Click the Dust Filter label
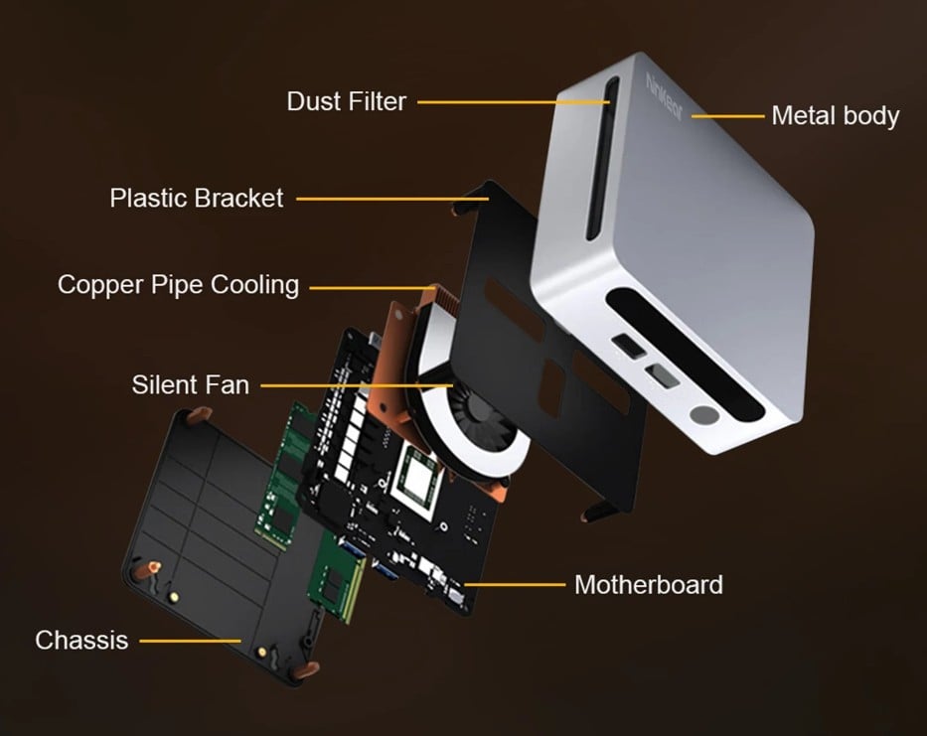click(346, 101)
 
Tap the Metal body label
click(835, 115)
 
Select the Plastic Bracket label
click(196, 198)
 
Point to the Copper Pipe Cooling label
click(178, 285)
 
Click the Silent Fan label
click(190, 384)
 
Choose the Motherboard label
click(648, 584)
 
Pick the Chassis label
click(81, 640)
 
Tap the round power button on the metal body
click(706, 416)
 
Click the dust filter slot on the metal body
click(596, 159)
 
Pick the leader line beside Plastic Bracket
click(392, 199)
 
